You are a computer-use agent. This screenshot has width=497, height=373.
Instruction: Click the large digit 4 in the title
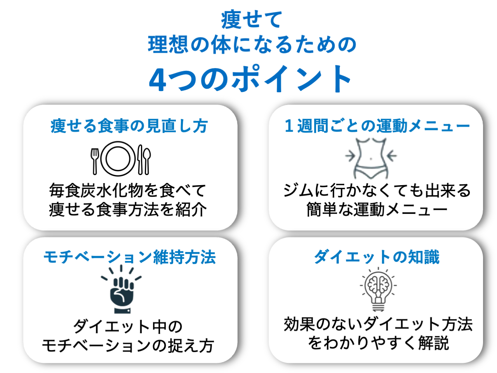coord(158,80)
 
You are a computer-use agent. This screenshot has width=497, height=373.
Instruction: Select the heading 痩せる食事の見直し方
coord(129,126)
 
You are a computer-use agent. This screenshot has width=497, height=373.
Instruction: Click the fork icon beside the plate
coord(95,161)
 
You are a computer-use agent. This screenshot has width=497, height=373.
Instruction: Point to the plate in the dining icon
coord(118,159)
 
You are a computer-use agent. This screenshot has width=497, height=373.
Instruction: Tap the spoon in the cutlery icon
coord(147,161)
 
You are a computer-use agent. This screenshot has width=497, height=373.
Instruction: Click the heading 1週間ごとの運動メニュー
coord(377,126)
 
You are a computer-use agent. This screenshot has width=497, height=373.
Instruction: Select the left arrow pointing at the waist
coord(350,156)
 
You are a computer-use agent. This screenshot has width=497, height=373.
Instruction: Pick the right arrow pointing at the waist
coord(392,156)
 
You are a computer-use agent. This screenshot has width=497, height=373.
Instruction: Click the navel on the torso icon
coord(371,159)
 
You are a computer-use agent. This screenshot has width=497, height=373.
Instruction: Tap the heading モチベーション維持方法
coord(129,257)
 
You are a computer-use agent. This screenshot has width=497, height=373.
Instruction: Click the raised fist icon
coord(122,289)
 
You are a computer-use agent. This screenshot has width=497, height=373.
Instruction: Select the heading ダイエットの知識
coord(377,257)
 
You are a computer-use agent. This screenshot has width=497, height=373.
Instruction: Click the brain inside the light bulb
coord(378,285)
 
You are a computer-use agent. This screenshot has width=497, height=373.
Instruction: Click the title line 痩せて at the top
coord(252,20)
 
